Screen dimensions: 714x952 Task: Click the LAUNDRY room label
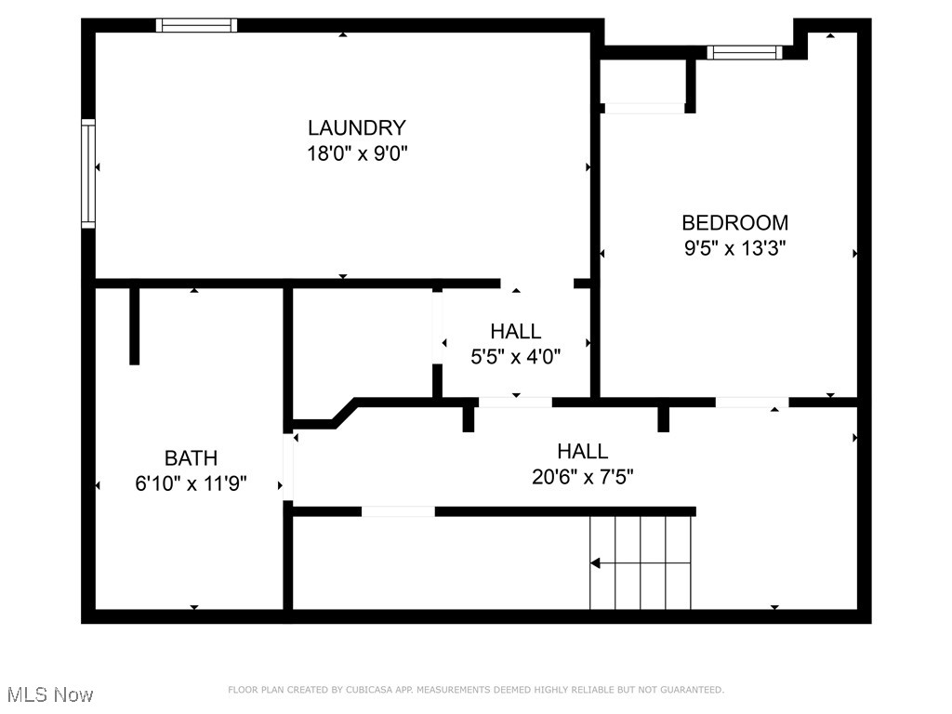(x=357, y=128)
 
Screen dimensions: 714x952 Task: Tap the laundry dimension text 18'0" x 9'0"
(x=357, y=153)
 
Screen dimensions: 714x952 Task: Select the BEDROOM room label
(x=734, y=223)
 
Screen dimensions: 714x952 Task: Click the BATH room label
(x=191, y=458)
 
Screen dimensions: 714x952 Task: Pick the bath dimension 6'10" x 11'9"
(x=191, y=483)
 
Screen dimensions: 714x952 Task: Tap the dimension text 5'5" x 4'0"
(x=515, y=355)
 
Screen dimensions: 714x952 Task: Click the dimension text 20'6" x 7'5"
(x=582, y=477)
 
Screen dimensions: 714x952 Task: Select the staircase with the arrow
(x=641, y=562)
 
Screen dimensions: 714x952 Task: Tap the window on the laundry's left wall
(x=88, y=173)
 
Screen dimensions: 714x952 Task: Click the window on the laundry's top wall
(x=196, y=25)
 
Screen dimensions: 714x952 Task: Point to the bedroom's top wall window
(x=744, y=52)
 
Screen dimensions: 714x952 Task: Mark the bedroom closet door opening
(x=644, y=109)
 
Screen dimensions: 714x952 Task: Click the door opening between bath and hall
(x=288, y=466)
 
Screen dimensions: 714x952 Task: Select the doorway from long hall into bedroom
(x=751, y=403)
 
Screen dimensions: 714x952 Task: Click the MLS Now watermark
(x=49, y=694)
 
